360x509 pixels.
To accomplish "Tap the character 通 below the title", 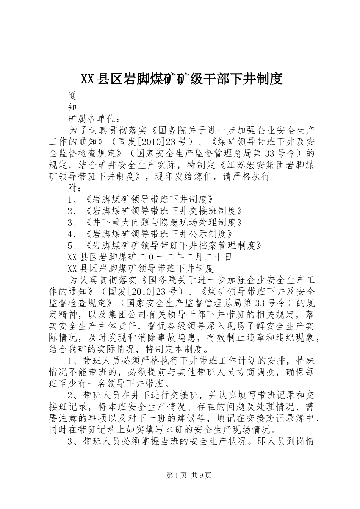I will [72, 95].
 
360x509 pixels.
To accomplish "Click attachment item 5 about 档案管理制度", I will [164, 245].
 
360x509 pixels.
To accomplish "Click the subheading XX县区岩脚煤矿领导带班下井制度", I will [141, 269].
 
